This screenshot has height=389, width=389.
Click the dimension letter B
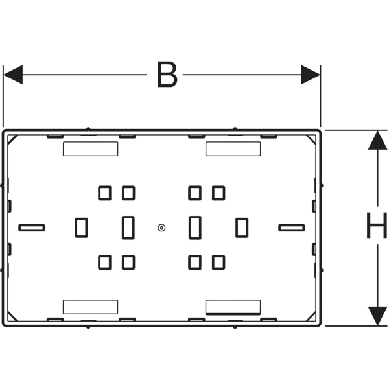click(167, 75)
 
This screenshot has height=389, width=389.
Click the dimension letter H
click(377, 225)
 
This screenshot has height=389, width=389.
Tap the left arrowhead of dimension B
click(13, 75)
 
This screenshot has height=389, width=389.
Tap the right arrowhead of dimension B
click(311, 75)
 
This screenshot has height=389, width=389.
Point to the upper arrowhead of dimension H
click(377, 140)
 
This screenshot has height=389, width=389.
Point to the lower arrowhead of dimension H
click(377, 316)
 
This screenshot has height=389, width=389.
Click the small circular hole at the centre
click(161, 228)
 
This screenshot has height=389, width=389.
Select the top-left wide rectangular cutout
click(91, 149)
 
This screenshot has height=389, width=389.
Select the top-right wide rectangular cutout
click(233, 149)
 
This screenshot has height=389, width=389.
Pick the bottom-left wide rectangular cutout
click(91, 307)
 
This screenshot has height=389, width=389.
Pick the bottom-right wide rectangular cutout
click(233, 307)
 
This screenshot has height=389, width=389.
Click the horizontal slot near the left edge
click(32, 228)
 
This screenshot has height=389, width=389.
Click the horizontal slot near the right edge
click(292, 228)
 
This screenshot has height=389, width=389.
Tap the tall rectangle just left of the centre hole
click(128, 228)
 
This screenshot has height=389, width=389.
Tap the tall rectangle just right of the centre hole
click(195, 228)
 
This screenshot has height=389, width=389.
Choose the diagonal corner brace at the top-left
click(13, 140)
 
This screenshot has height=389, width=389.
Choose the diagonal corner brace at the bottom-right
click(311, 316)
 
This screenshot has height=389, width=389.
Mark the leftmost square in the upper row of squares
click(104, 193)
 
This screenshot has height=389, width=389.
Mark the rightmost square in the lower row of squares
click(218, 263)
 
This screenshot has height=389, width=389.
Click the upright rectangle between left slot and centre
click(81, 228)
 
